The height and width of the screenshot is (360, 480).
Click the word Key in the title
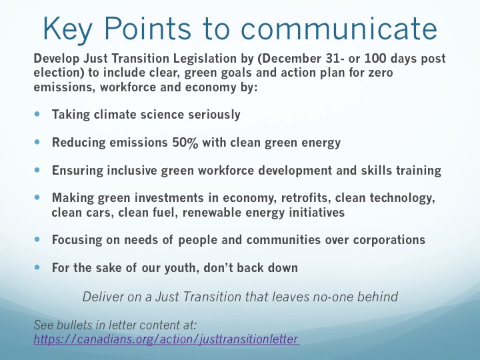point(67,29)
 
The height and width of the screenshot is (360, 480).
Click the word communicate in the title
point(339,29)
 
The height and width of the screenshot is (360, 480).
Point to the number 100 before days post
point(375,59)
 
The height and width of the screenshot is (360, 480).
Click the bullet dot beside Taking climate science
point(37,114)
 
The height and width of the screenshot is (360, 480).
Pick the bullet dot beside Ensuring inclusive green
point(37,170)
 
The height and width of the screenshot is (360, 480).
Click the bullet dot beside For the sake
point(37,267)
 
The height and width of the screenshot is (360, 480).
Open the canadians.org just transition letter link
point(166,339)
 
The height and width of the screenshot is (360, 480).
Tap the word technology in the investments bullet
point(402,198)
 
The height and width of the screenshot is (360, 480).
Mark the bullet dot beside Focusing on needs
point(37,239)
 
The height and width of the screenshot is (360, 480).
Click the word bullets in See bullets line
point(75,325)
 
